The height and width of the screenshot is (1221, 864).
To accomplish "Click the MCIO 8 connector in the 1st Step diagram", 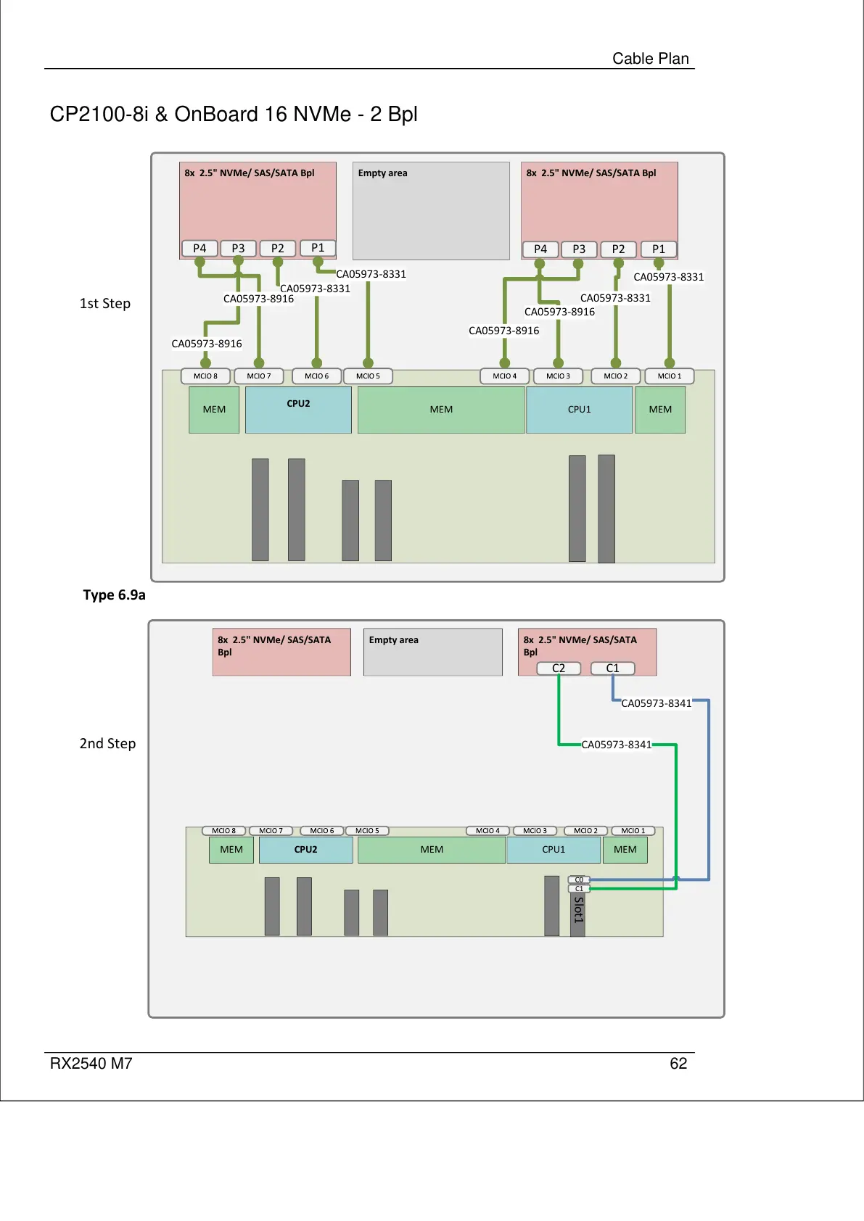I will click(205, 376).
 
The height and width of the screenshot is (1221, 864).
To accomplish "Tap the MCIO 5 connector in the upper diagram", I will click(368, 376).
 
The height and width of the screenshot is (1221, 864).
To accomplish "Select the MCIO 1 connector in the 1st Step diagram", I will click(669, 376).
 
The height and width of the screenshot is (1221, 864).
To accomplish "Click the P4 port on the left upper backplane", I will click(199, 249).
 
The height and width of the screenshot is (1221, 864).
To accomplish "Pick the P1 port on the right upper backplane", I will click(658, 249).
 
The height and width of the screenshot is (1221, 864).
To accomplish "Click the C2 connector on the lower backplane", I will click(559, 669).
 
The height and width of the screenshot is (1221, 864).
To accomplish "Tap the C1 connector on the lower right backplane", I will click(612, 669).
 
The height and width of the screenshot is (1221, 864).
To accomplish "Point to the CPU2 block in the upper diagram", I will click(298, 410).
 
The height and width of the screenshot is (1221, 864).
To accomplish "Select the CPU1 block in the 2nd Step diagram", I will click(554, 850).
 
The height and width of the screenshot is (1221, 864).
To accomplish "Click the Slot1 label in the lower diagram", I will click(578, 910).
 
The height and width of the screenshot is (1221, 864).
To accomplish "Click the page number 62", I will click(678, 1064).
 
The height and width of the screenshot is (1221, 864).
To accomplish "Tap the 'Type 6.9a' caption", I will click(114, 595).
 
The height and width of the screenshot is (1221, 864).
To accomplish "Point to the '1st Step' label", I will click(105, 304).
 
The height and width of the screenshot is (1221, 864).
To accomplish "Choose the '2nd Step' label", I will click(107, 744).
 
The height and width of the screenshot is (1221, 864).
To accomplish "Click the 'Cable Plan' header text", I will click(651, 59).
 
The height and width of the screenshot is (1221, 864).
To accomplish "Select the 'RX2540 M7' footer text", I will click(91, 1064).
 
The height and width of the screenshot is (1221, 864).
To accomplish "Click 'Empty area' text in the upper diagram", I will click(382, 173).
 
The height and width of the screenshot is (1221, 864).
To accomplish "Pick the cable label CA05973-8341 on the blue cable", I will click(657, 703).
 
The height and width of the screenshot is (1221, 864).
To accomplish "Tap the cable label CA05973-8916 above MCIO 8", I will click(207, 344).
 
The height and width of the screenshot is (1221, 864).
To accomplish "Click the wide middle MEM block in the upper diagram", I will click(441, 410).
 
